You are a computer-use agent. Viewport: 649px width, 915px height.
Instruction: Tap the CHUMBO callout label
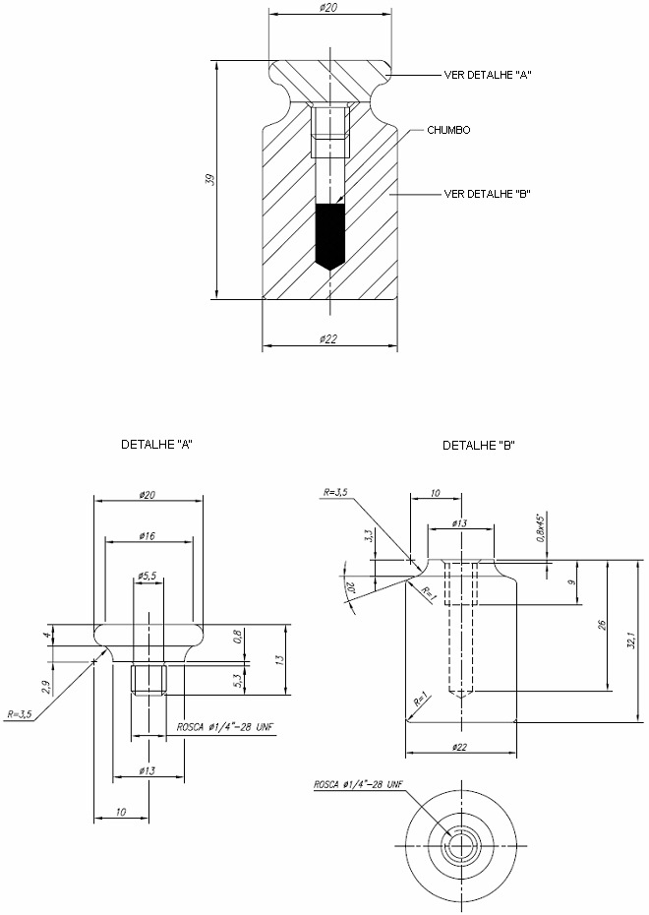(448, 130)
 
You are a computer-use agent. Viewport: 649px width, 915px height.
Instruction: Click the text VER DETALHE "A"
(488, 75)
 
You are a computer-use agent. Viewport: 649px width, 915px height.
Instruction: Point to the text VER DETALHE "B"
(488, 194)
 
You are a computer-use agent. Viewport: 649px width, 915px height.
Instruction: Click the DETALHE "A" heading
(157, 444)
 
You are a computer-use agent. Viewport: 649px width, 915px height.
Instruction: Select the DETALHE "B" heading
(479, 446)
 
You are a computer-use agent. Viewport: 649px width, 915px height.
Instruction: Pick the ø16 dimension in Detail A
(147, 535)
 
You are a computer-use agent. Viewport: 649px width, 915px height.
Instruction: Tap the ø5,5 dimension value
(147, 576)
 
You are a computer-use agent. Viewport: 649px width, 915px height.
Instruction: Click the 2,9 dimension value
(45, 687)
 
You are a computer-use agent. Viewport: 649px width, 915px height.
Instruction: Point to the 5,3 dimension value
(237, 681)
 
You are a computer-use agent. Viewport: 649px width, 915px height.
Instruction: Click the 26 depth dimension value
(603, 625)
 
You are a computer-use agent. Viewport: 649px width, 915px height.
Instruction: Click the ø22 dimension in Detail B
(459, 747)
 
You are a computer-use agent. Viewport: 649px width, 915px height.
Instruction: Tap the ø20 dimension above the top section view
(329, 8)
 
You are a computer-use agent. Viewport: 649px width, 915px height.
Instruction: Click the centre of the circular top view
(461, 845)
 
